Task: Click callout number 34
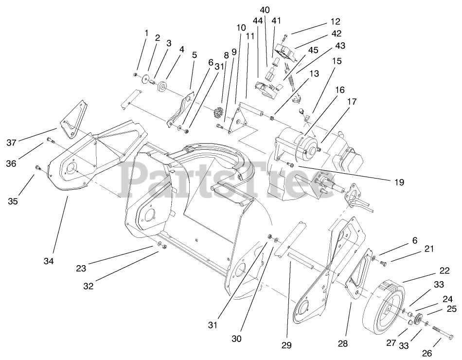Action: click(48, 261)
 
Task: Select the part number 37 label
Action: click(12, 143)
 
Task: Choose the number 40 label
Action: click(265, 9)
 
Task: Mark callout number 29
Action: click(286, 345)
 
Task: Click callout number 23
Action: click(81, 268)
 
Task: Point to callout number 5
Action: click(194, 55)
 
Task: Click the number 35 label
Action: click(13, 200)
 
